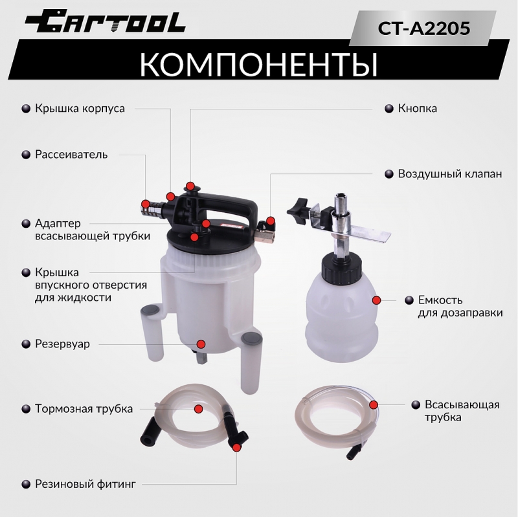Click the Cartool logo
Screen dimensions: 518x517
tap(105, 21)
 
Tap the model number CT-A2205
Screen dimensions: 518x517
tap(423, 28)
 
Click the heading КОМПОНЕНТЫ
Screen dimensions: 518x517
tap(258, 63)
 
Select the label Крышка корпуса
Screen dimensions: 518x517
tap(80, 108)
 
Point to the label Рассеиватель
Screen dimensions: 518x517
tap(71, 155)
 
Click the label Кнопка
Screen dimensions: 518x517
tap(417, 108)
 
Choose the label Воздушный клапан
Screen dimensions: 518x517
tap(449, 173)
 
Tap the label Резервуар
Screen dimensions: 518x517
tap(62, 344)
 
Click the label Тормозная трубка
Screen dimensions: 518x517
tap(84, 409)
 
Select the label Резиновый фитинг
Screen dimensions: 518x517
tap(85, 484)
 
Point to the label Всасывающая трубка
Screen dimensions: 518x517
tap(462, 411)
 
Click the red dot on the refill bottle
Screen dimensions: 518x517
tap(376, 300)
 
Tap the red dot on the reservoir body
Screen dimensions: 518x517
tap(201, 344)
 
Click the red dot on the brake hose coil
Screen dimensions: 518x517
tap(198, 409)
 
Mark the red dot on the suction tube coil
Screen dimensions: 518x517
tap(374, 405)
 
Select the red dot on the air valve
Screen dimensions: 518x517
tap(271, 221)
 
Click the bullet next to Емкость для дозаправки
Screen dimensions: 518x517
tap(409, 300)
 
